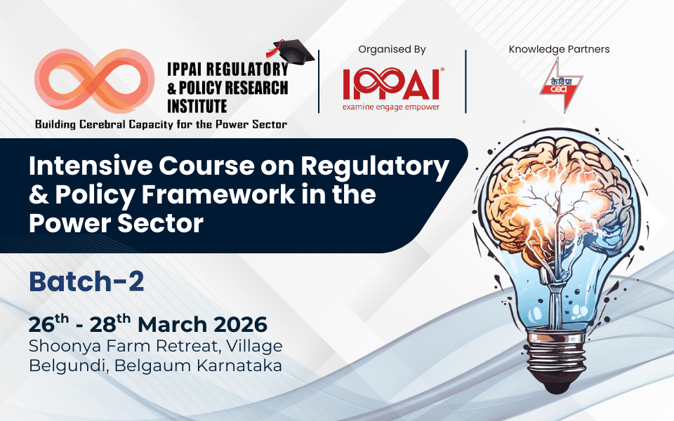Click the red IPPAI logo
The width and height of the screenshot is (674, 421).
pos(391,84)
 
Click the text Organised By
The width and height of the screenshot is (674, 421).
pos(392,50)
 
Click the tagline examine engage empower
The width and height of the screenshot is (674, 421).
pos(391,107)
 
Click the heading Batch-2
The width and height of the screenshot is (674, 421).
pos(86,281)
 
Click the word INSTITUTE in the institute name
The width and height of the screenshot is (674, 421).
pos(197,106)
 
